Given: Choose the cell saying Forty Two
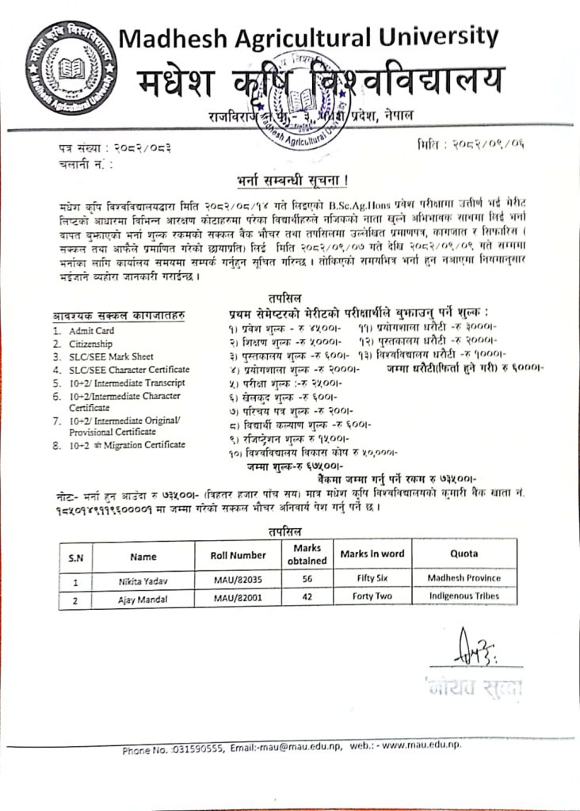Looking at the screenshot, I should tap(371, 596).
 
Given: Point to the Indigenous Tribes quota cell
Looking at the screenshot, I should tap(464, 595).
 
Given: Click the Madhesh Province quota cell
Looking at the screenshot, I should tap(464, 578).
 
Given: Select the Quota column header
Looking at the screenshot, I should tap(464, 554).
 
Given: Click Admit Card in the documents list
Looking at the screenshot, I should tap(91, 330).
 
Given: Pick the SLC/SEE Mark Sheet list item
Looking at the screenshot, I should tap(111, 356).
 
